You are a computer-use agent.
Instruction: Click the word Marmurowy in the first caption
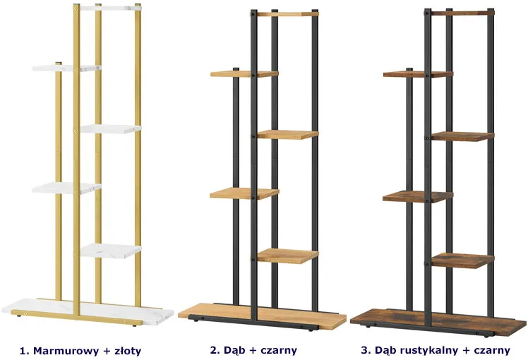click(x=66, y=351)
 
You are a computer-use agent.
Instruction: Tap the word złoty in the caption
click(x=128, y=351)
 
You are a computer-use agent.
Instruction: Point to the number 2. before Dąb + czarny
click(x=215, y=350)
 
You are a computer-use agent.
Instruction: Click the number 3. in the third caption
click(x=366, y=350)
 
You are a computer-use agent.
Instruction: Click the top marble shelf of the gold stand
click(x=110, y=8)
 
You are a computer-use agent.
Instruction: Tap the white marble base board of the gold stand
click(x=88, y=311)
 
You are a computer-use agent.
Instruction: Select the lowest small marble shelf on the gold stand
click(x=111, y=251)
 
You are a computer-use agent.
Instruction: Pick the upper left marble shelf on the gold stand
click(x=66, y=68)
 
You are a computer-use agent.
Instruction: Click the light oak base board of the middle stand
click(x=263, y=316)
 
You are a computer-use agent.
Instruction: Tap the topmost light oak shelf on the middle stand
click(x=287, y=14)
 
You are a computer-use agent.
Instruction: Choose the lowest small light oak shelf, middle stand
click(x=287, y=256)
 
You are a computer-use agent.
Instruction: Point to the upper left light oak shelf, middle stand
click(x=244, y=73)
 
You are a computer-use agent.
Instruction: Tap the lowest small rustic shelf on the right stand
click(x=462, y=260)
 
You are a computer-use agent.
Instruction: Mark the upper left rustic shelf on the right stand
click(x=418, y=74)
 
